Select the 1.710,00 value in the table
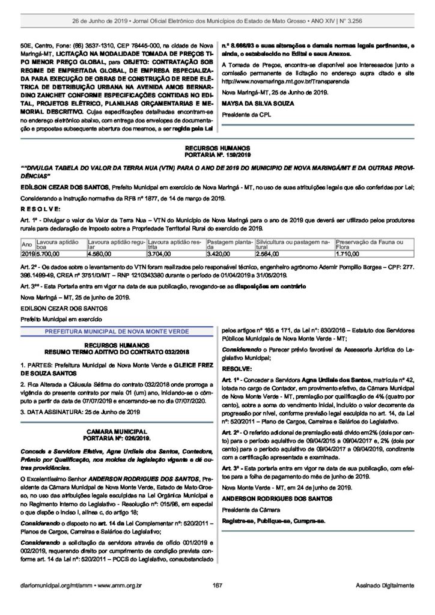point(348,255)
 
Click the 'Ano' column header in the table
point(26,244)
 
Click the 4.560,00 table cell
point(100,255)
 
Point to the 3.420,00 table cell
point(219,255)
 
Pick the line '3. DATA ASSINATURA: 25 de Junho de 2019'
point(80,411)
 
